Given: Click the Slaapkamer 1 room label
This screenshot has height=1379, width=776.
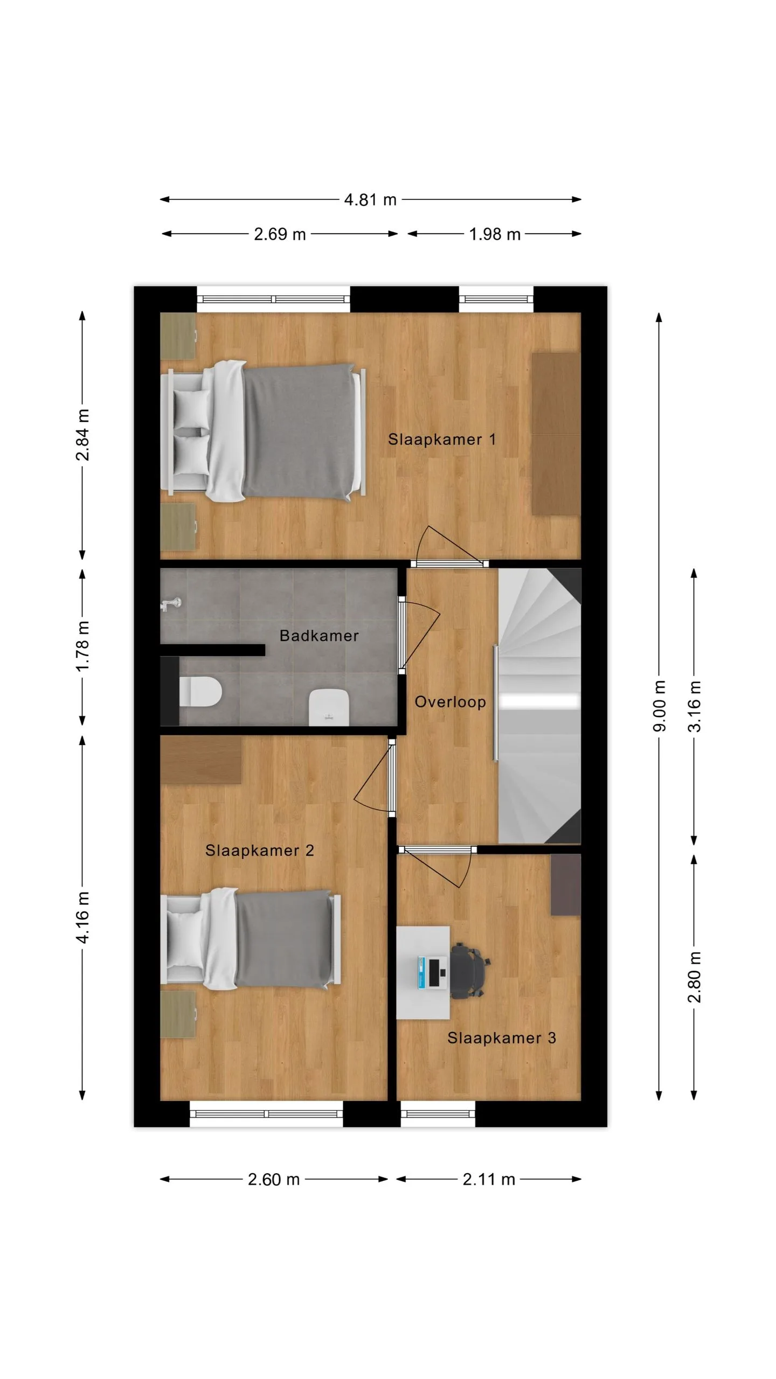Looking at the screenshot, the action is click(x=441, y=439).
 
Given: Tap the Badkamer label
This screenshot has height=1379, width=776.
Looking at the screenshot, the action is click(x=319, y=636).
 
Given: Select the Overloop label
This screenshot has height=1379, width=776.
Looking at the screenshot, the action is click(x=450, y=702).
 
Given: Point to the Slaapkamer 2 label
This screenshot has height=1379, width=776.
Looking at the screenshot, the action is click(x=259, y=851).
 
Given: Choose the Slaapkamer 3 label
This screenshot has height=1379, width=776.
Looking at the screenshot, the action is click(x=501, y=1038).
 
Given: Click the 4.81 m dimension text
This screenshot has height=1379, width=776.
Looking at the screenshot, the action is click(x=370, y=200).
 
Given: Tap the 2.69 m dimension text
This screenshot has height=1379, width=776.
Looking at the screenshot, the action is click(x=280, y=234).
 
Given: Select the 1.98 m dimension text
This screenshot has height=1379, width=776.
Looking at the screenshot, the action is click(x=495, y=234).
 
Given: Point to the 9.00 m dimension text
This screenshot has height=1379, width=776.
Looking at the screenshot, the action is click(x=660, y=706).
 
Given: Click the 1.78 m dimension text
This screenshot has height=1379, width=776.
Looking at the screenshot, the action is click(x=82, y=646).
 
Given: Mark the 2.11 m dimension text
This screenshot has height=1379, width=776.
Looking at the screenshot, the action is click(x=489, y=1179).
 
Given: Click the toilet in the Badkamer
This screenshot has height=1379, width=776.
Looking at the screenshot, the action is click(x=200, y=692).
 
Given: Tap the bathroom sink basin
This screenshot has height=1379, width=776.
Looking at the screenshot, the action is click(x=329, y=707).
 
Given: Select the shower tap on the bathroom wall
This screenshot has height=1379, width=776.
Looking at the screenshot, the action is click(x=171, y=604).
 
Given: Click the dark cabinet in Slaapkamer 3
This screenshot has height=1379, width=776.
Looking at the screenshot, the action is click(x=565, y=884).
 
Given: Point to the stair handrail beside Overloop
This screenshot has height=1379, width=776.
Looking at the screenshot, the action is click(x=496, y=703).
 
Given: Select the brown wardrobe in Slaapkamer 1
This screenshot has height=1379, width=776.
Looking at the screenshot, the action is click(x=556, y=434).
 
